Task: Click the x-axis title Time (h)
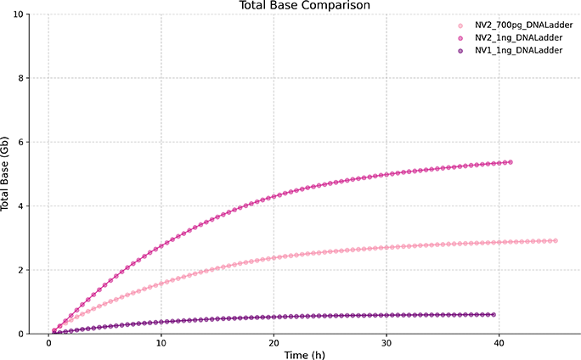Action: (304, 353)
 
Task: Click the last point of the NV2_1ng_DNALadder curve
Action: (510, 162)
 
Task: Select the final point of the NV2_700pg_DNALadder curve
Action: (555, 241)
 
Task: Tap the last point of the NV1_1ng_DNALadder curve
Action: (494, 314)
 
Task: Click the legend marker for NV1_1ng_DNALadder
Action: (460, 51)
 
